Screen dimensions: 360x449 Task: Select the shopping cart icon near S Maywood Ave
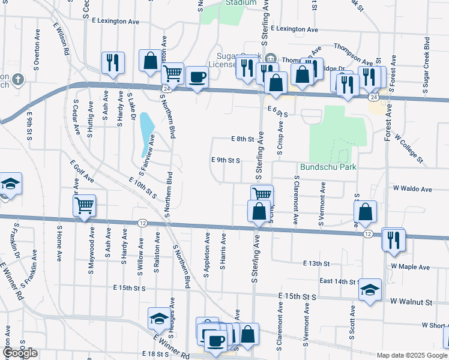coord(85,205)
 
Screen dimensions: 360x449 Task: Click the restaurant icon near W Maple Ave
coord(393,240)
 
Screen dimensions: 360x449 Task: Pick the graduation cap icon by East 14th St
coord(370,291)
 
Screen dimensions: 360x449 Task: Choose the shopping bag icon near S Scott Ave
coord(366,212)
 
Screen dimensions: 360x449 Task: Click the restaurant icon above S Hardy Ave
coord(112,62)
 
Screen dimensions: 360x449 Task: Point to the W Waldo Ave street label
coord(412,189)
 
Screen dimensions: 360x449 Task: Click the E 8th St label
coord(243,139)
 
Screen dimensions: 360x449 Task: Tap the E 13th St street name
coord(316,263)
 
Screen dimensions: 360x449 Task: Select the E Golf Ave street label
coord(82,171)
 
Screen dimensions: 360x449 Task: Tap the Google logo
coord(20,353)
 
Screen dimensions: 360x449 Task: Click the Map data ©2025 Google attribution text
coord(411,355)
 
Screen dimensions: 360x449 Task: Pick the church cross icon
coord(18,79)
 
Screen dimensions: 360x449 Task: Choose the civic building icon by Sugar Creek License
coord(270,58)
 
